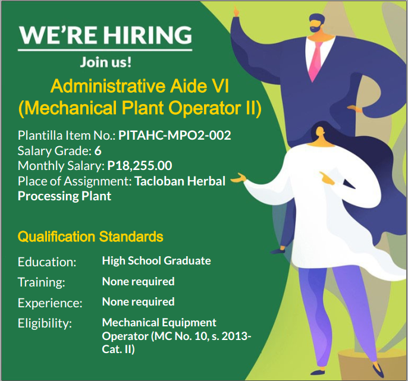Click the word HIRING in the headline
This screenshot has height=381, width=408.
coord(148,35)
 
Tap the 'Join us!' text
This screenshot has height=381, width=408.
coord(106,62)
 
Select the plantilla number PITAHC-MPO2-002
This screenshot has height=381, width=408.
coord(175,136)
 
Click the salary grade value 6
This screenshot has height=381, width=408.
coord(98,151)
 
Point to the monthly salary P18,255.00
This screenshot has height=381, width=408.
coord(140,166)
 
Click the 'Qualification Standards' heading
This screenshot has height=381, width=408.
coord(90,237)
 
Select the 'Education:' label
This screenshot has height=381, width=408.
coord(47,262)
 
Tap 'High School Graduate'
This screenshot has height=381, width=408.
coord(156,260)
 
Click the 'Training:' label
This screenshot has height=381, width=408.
coord(42,282)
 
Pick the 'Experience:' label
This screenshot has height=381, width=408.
coord(50,303)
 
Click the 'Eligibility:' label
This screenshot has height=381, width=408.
coord(45,324)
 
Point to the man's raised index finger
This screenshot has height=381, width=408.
coord(236,11)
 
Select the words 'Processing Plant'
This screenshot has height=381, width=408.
coord(64,196)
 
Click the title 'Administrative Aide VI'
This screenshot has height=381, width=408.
coord(140,86)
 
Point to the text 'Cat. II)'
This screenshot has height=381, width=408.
coord(118,349)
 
